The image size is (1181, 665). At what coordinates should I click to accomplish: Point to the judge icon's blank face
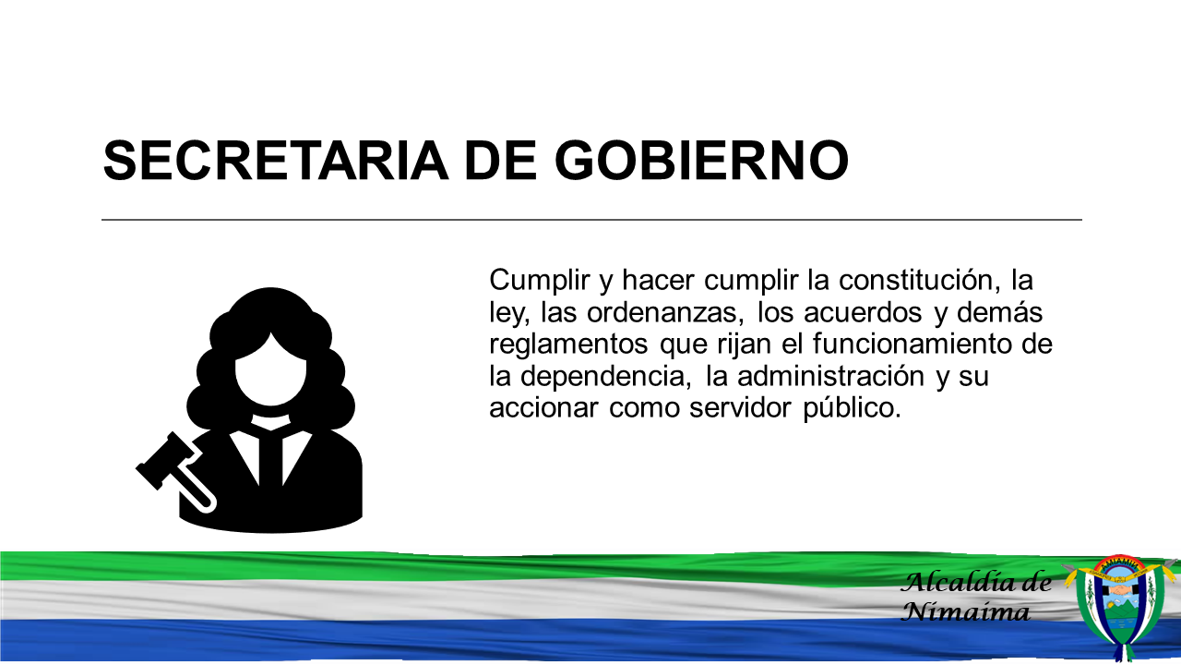click(x=270, y=369)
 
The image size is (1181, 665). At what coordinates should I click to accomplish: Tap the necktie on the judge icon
click(x=270, y=460)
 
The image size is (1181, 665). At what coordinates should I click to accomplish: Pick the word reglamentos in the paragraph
click(x=568, y=345)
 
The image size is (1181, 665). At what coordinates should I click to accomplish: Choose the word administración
click(x=831, y=376)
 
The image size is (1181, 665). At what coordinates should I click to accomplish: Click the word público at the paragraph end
click(x=852, y=409)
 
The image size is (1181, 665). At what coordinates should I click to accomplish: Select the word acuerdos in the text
click(x=863, y=312)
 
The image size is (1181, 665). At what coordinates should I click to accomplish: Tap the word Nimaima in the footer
click(x=965, y=612)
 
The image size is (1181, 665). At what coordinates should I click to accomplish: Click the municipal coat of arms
click(x=1121, y=607)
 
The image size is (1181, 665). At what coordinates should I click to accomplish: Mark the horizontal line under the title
click(x=591, y=220)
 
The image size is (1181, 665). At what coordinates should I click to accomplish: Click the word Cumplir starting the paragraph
click(x=539, y=281)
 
